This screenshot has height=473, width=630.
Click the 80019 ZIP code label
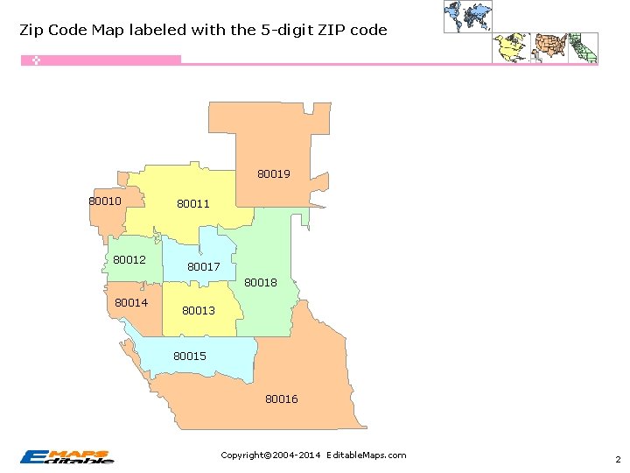coord(273,174)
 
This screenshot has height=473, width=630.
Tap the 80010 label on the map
coord(105,201)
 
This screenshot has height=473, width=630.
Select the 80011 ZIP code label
coord(193,204)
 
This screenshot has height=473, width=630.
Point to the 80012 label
coord(129,260)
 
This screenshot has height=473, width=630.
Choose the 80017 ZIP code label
coord(204,267)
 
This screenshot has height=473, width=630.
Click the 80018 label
coord(261,283)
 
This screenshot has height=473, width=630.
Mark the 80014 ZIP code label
coord(131,303)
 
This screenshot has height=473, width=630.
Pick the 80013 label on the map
coord(199,311)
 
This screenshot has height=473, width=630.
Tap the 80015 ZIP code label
coord(190,357)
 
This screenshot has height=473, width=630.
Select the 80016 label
coord(282,399)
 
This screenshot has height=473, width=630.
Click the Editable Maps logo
coord(67,456)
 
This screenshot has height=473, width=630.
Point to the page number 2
coord(618,460)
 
